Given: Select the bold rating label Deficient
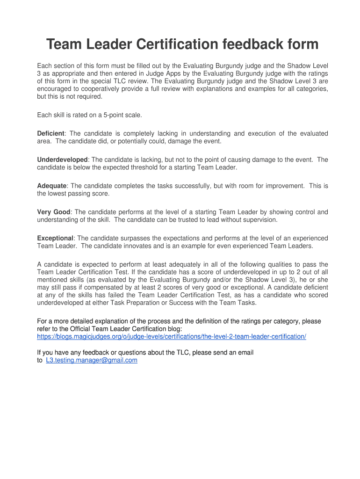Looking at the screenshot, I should point(50,133).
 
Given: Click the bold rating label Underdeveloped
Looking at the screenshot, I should point(62,160).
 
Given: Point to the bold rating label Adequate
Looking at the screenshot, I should point(52,186).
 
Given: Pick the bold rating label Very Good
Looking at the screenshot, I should point(54,212).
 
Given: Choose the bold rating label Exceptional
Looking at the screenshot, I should point(55,238).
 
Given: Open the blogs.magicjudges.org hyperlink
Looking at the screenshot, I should point(171,336).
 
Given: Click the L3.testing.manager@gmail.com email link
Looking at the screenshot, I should point(92,360).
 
